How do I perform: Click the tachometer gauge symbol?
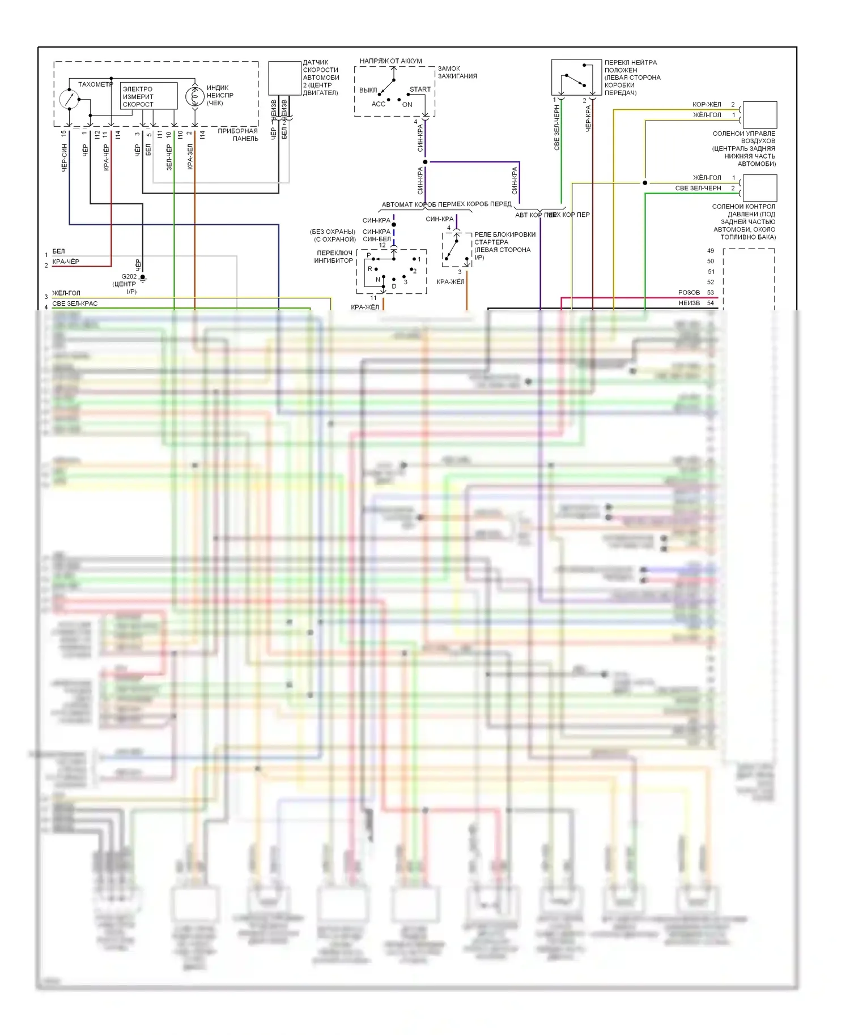[x=69, y=99]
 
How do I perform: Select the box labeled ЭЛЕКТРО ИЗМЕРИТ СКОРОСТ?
[x=148, y=96]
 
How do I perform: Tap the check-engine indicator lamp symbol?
[x=194, y=97]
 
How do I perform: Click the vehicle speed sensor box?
[x=284, y=78]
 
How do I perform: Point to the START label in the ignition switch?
[x=420, y=89]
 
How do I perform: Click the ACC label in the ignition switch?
[x=378, y=104]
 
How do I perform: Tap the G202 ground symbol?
[x=143, y=278]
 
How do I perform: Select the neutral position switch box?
[x=576, y=78]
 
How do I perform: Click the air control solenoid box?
[x=759, y=115]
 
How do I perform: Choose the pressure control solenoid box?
[x=759, y=188]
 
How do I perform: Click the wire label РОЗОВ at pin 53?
[x=688, y=293]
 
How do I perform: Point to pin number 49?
[x=711, y=251]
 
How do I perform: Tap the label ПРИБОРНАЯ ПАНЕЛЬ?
[x=238, y=135]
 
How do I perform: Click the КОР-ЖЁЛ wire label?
[x=707, y=105]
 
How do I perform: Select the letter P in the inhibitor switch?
[x=369, y=255]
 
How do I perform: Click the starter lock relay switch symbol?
[x=457, y=250]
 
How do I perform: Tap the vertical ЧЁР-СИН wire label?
[x=64, y=158]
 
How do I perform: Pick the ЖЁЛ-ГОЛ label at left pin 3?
[x=66, y=293]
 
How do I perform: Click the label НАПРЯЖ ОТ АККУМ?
[x=390, y=61]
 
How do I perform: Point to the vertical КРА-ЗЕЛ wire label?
[x=190, y=156]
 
